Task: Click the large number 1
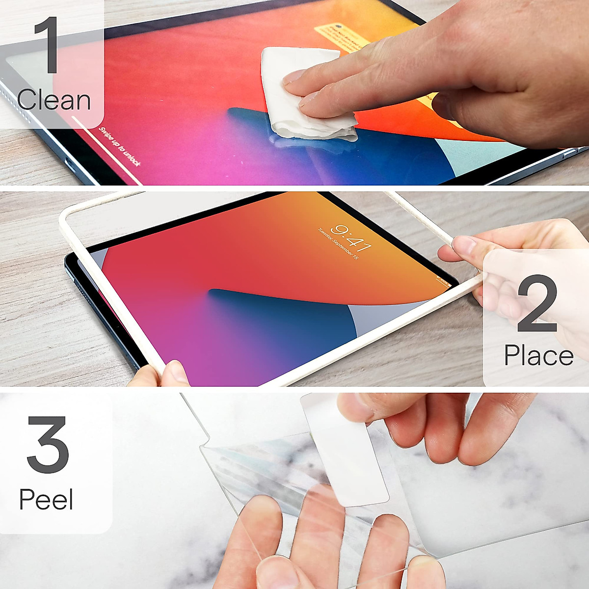[48, 45]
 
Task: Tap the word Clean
[54, 101]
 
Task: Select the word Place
[538, 355]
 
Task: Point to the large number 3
[48, 445]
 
